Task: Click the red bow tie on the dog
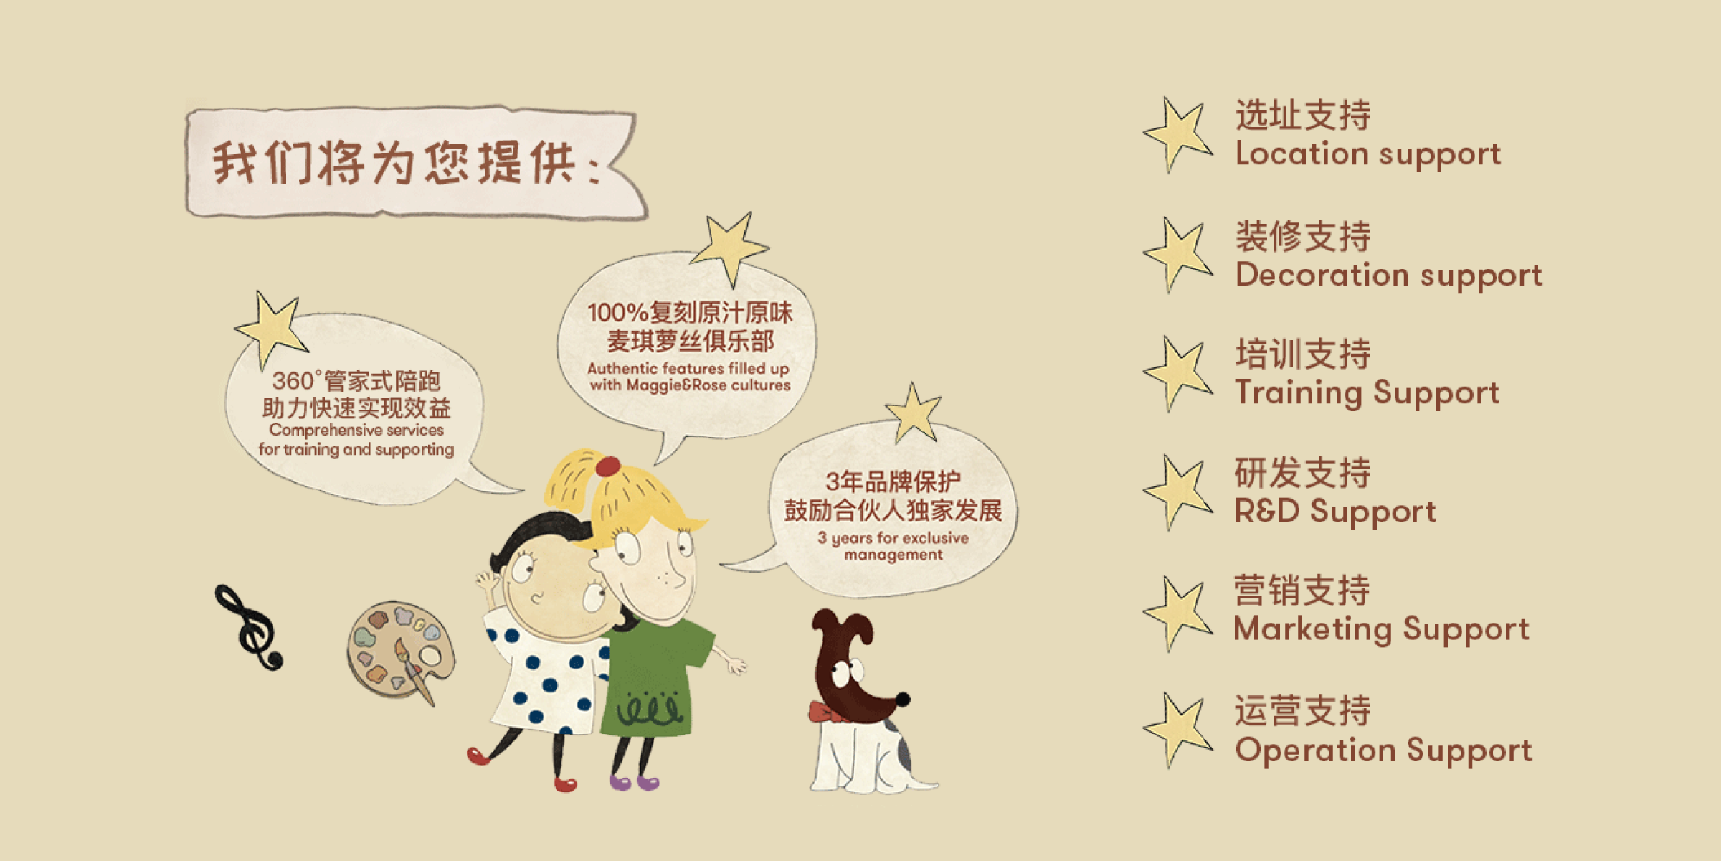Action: (825, 712)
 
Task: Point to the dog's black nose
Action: (903, 699)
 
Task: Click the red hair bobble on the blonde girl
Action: (608, 466)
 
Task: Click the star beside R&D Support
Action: (1177, 492)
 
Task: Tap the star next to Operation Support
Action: (1177, 730)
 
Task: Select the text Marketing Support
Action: (1381, 629)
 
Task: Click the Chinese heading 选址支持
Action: (1303, 115)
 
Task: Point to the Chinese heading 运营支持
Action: (1302, 710)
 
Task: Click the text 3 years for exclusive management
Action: (893, 546)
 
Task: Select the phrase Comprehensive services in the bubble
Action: (356, 430)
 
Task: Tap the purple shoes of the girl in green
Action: (635, 781)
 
